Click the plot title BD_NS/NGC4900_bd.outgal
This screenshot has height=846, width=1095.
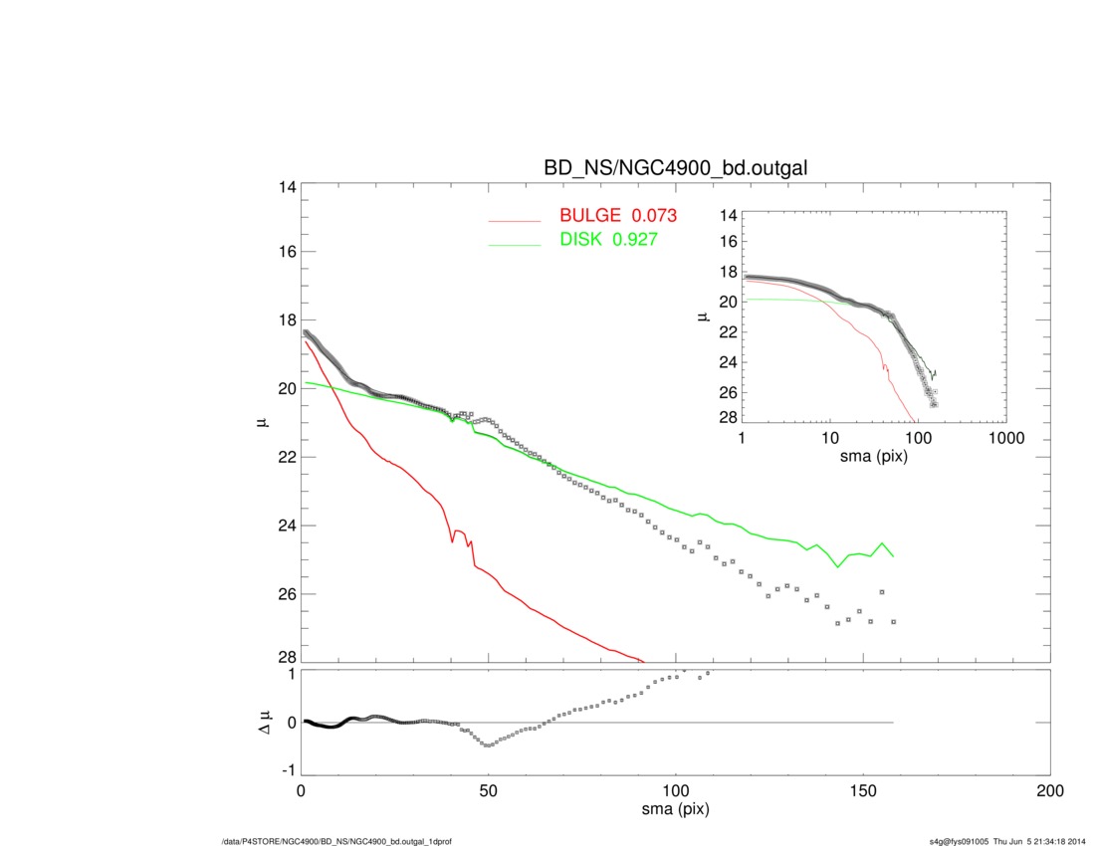[x=675, y=169]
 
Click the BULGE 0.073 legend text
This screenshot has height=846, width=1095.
[x=618, y=216]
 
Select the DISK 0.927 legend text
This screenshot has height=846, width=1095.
[x=607, y=240]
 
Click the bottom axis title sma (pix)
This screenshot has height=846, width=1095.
[x=675, y=809]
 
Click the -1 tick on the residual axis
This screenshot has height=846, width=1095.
[x=288, y=770]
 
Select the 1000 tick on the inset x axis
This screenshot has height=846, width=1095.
[x=1005, y=438]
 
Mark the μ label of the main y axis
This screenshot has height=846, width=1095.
[x=262, y=424]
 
